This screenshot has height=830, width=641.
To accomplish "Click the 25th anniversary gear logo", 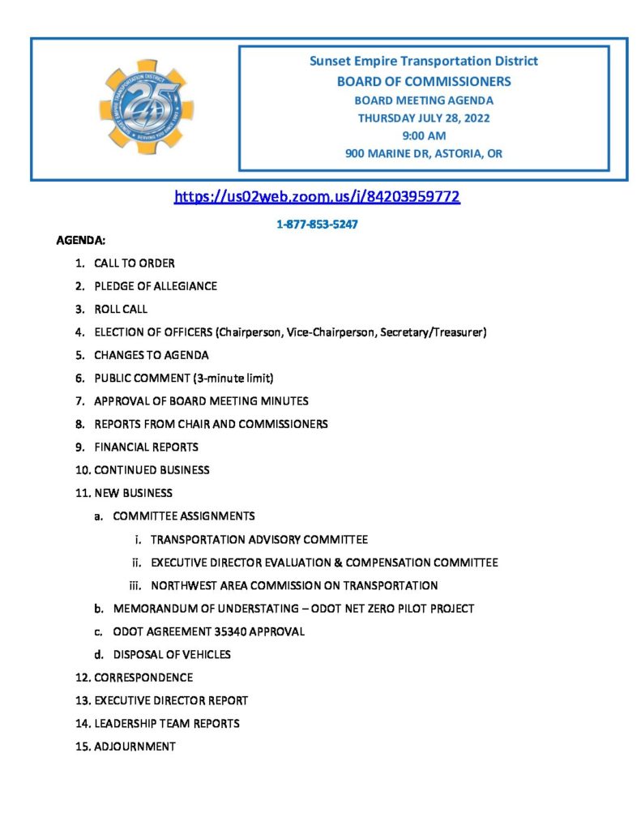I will click(x=146, y=107).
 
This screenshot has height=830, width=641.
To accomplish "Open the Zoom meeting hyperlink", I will click(x=317, y=196).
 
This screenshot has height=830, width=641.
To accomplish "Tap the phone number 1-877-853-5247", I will click(x=317, y=225).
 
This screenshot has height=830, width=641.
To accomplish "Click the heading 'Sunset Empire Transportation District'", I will click(x=423, y=61).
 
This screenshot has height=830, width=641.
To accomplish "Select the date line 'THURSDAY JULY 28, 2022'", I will click(x=423, y=118).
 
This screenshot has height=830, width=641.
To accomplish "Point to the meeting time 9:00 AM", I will click(x=423, y=135).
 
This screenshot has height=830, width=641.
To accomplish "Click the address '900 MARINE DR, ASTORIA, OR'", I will click(x=423, y=154).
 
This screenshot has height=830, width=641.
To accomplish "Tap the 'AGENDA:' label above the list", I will click(x=79, y=241).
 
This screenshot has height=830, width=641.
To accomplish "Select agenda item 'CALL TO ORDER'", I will click(x=134, y=263).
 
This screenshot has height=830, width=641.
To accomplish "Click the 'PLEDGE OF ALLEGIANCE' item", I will click(x=155, y=286).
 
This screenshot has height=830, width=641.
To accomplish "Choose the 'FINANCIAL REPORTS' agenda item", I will click(x=146, y=447).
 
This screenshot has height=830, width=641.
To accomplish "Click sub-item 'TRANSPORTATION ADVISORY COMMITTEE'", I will click(x=259, y=539).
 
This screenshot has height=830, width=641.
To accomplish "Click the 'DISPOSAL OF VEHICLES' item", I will click(x=172, y=654).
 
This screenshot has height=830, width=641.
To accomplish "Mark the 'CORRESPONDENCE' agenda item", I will click(x=143, y=678).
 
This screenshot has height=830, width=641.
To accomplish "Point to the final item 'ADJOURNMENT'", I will click(x=135, y=747).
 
